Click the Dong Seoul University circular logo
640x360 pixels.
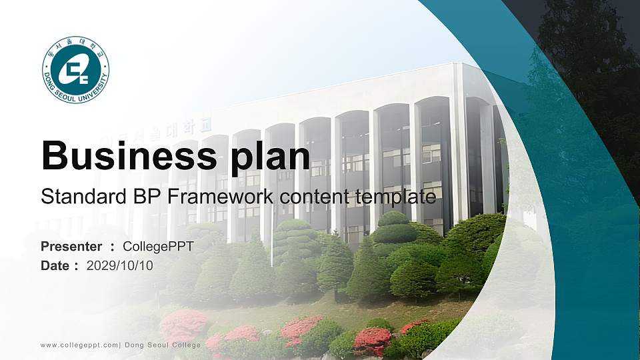pos(75,70)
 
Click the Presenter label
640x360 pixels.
pos(71,247)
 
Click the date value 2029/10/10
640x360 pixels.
pos(120,265)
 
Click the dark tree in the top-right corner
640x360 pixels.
pos(587,53)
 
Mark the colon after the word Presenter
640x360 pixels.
pos(112,247)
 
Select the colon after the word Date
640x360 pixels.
pos(77,266)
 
